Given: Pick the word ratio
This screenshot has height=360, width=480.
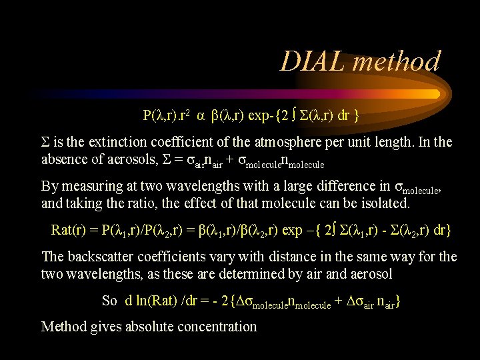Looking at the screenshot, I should [x=146, y=203].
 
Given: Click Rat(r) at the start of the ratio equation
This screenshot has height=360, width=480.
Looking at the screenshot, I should [x=71, y=231].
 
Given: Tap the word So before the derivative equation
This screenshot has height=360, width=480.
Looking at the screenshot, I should [x=110, y=301].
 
